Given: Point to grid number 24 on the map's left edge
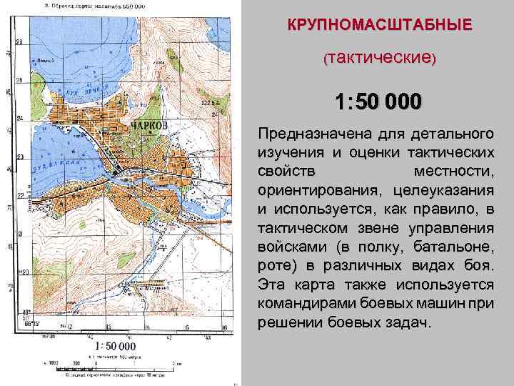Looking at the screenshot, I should coord(20,118).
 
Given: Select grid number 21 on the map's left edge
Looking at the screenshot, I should coord(20,234).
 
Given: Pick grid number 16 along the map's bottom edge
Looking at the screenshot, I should coord(225,327).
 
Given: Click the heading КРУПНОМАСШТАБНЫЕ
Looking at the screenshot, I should coord(380,25).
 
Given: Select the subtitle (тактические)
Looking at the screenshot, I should coord(380,56).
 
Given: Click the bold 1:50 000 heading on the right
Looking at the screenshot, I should coord(379,102).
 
